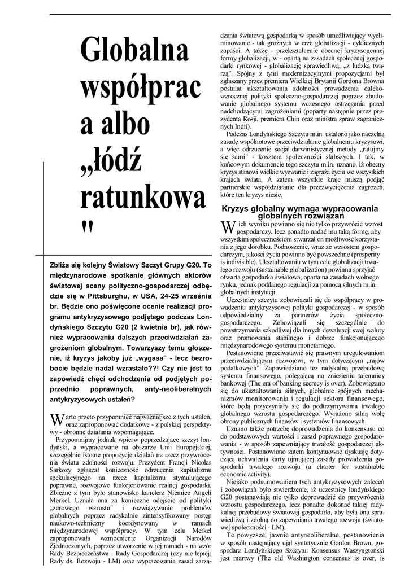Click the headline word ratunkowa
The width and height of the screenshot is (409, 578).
[x=143, y=196]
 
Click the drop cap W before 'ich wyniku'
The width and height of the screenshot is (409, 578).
[x=228, y=227]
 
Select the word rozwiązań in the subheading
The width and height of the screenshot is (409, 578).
[x=319, y=216]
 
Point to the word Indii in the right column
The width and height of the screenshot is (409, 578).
[x=238, y=127]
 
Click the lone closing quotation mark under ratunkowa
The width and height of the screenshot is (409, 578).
[x=86, y=226]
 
